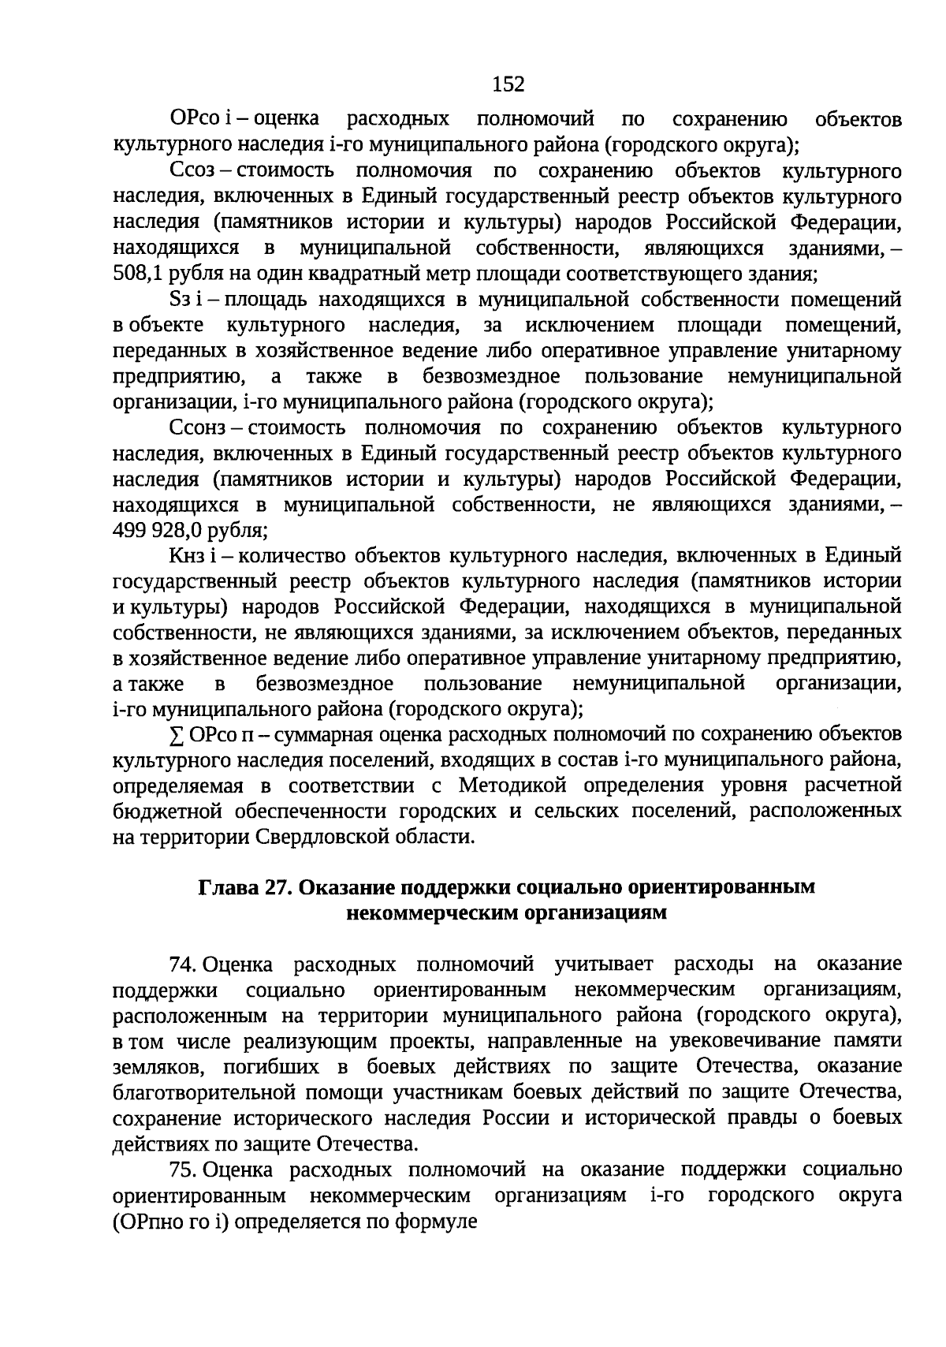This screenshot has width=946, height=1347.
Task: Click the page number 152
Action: pos(508,84)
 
